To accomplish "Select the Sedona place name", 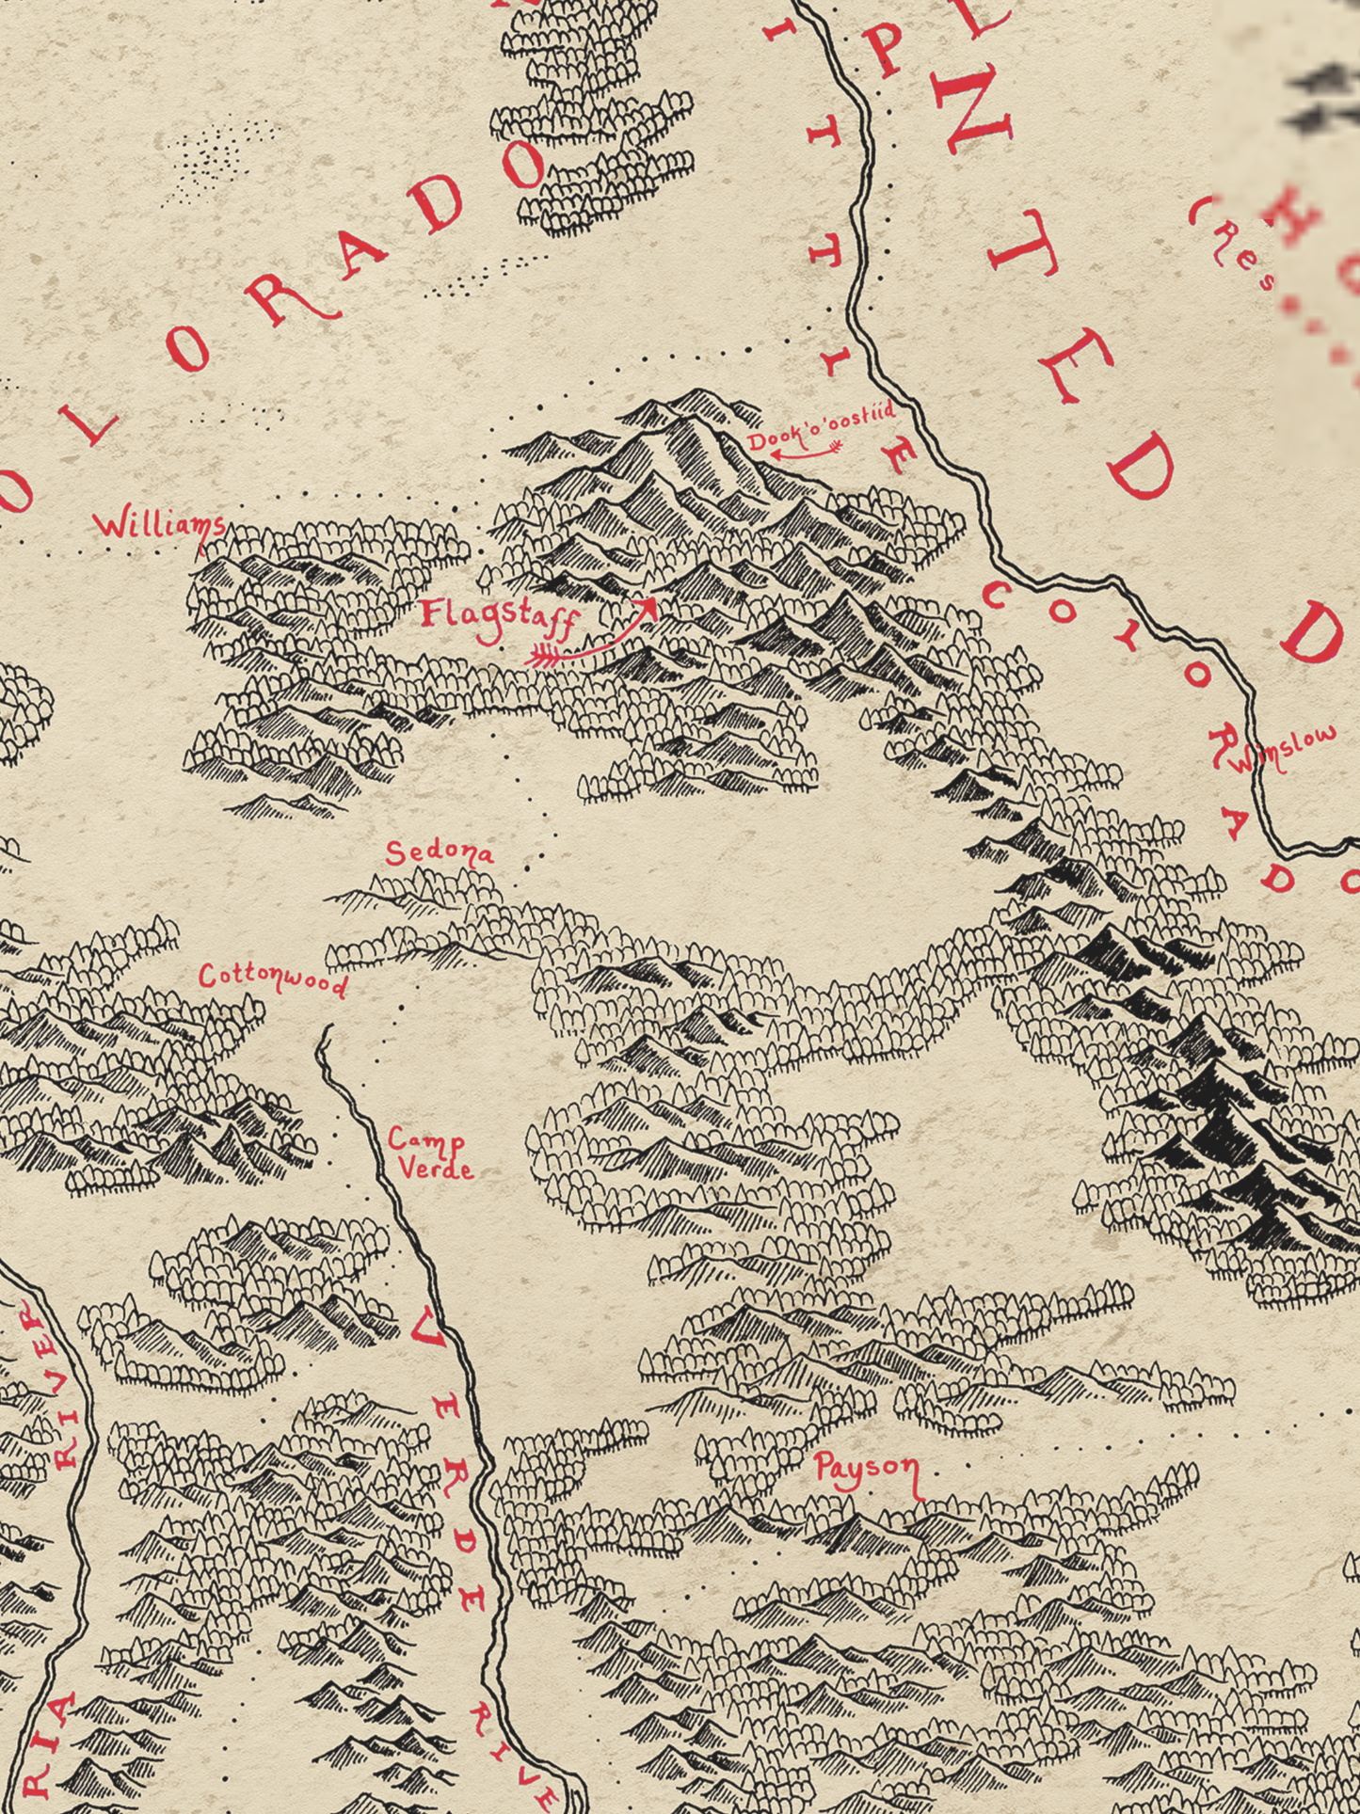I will [440, 853].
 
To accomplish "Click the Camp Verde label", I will [429, 1154].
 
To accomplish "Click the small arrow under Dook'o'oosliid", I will [806, 453].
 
